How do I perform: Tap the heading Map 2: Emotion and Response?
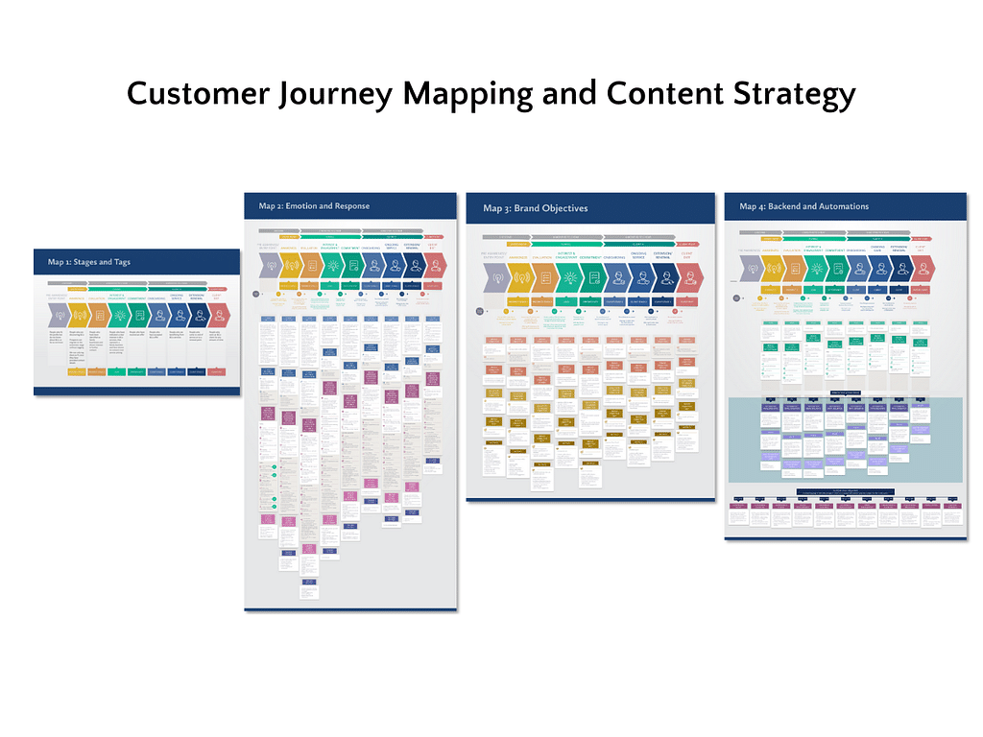314,205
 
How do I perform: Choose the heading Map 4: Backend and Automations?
803,205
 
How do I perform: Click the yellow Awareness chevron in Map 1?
79,315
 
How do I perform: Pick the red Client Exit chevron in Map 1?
218,315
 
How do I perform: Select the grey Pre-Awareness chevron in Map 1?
57,315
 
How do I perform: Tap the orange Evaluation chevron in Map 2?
309,265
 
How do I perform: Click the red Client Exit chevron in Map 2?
435,265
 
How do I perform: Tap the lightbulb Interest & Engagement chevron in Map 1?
120,315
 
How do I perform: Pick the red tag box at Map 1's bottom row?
218,371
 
